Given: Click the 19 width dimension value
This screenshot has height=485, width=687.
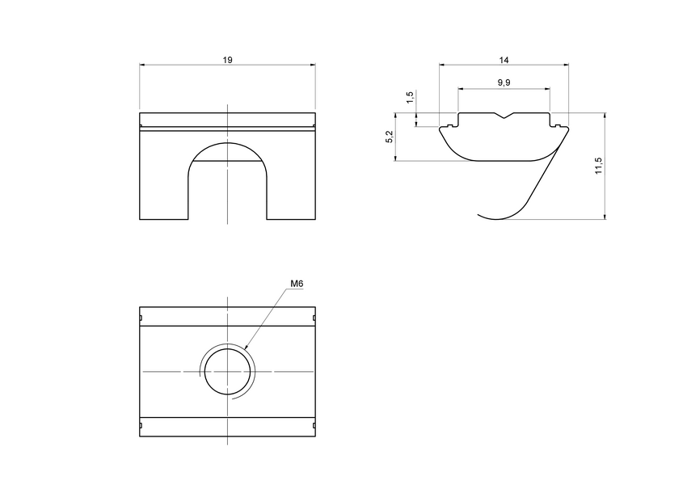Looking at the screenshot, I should click(228, 60).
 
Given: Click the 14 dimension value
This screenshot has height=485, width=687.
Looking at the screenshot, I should click(504, 60).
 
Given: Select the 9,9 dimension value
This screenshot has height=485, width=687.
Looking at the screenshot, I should click(504, 82).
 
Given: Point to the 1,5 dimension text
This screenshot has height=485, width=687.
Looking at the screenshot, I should click(410, 98).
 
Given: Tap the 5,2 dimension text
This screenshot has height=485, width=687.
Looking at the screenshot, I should click(390, 137).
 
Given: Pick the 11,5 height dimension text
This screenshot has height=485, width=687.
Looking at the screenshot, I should click(597, 166).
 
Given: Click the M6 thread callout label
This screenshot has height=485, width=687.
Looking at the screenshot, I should click(297, 284).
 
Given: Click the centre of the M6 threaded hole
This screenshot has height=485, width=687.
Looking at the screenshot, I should click(228, 371).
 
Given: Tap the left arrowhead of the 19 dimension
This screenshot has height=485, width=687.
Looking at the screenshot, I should click(142, 65).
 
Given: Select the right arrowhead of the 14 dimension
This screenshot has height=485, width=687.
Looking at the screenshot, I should click(566, 65).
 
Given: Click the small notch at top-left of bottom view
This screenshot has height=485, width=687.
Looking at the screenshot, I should click(141, 318).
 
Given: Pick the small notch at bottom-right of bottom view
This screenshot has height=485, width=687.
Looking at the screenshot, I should click(314, 425).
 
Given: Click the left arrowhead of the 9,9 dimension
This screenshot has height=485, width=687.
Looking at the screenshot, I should click(461, 88).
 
